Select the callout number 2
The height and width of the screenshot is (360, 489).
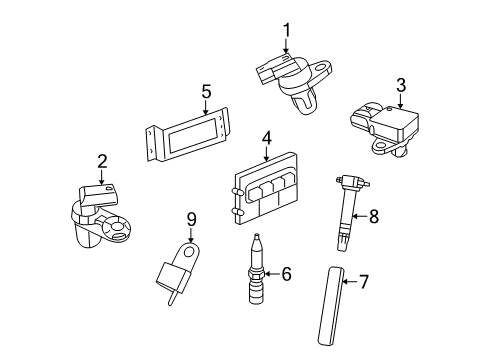pos(102,160)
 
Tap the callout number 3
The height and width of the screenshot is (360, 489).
pos(401,85)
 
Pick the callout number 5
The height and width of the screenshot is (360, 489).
pos(206,91)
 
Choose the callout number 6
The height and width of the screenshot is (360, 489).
pos(285,272)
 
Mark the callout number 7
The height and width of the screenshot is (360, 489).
pos(363,283)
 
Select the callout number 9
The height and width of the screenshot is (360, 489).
pos(191,219)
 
